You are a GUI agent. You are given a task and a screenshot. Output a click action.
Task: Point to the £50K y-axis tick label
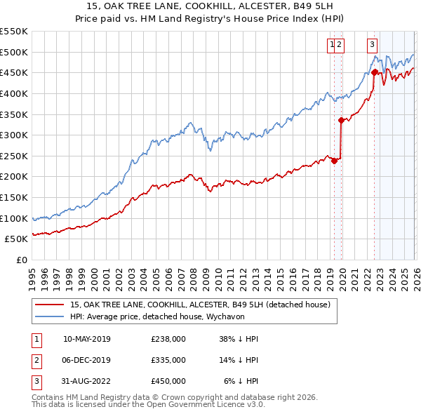[x=16, y=239]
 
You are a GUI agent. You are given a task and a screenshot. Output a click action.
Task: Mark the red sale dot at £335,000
[x=341, y=120]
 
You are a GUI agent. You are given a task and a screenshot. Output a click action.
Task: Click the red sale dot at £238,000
[x=334, y=161]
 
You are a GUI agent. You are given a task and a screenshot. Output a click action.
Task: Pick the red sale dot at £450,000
[x=375, y=72]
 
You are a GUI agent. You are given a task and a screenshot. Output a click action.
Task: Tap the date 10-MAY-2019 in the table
[x=87, y=339]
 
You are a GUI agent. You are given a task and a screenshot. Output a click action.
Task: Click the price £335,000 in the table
[x=168, y=359]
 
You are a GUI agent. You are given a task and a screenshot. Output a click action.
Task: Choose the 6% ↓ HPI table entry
[x=241, y=380]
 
